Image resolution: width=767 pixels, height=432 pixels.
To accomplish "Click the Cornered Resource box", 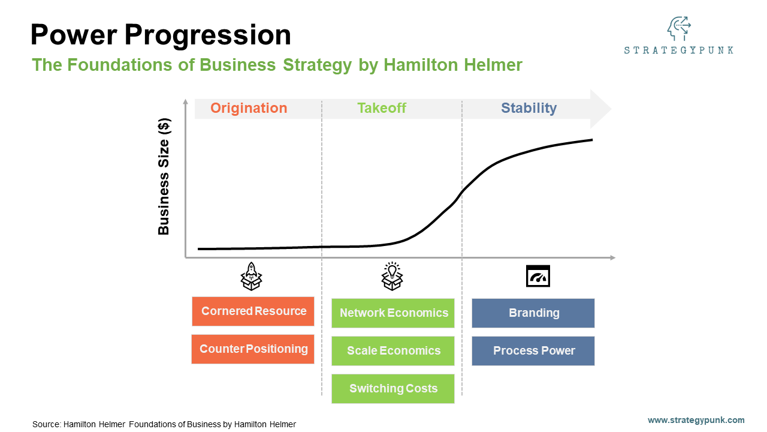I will pos(253,311).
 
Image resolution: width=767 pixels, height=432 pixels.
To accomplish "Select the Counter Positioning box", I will pos(253,349).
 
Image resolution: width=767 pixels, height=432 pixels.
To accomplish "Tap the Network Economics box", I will pos(393,313).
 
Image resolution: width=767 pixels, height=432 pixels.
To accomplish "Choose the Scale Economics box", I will pos(393,351).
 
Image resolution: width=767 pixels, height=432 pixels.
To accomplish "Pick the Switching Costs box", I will pos(393,389).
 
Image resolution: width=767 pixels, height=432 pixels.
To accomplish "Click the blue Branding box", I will pos(533,313).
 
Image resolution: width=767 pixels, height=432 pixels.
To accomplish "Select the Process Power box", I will pos(533,351).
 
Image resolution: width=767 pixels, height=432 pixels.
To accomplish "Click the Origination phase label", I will pos(249,109).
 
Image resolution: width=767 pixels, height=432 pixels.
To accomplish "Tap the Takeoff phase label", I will pos(382,109).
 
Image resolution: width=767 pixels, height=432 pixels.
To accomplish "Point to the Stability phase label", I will pos(529,109).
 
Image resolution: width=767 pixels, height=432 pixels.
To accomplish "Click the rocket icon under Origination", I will pos(252,276).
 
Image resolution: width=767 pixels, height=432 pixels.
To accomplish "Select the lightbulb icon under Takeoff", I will pos(392,276).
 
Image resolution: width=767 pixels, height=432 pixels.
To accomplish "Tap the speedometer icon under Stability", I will pos(537,276).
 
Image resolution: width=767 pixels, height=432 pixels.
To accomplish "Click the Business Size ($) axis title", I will pos(164,176).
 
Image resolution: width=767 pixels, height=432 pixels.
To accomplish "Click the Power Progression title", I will pos(161,35).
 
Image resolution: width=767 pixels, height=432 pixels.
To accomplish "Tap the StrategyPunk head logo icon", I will pos(679,29).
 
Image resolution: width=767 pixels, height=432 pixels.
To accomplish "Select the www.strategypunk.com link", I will pos(696,420).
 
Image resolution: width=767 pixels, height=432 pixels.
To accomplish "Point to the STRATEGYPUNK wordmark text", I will pos(678,50).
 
